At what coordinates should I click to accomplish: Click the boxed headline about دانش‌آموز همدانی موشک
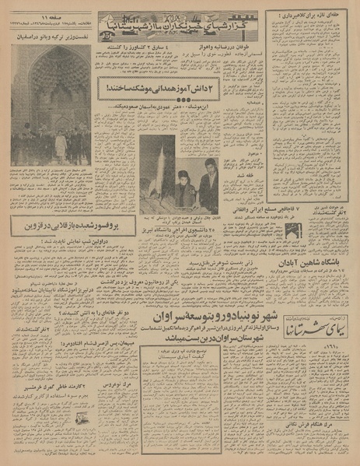[x=183, y=93]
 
